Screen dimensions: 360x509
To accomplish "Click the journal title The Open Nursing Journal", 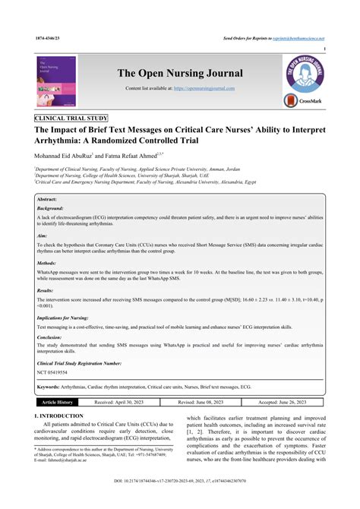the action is [x=180, y=73].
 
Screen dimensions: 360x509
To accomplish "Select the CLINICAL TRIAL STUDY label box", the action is [x=71, y=119].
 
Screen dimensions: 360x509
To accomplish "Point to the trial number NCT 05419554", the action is [x=53, y=372].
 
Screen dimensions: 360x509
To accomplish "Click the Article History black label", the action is [x=57, y=402].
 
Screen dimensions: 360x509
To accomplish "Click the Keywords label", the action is [x=51, y=387].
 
